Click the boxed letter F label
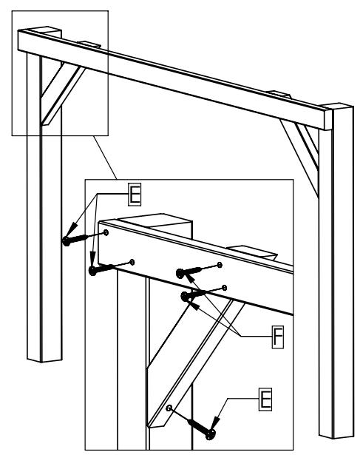click(278, 337)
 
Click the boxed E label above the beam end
click(135, 195)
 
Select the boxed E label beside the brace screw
click(265, 400)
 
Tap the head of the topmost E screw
click(67, 241)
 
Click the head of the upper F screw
click(180, 273)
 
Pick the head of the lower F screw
click(184, 297)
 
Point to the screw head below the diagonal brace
click(211, 435)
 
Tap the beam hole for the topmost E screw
click(106, 232)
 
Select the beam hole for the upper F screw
click(220, 265)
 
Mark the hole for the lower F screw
click(224, 288)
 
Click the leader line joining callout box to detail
click(105, 158)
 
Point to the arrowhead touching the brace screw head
click(215, 422)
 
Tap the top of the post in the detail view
click(155, 220)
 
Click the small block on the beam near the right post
click(279, 94)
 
